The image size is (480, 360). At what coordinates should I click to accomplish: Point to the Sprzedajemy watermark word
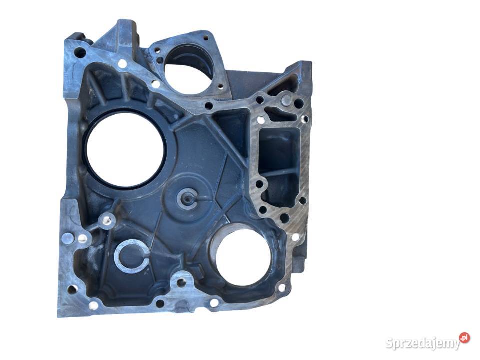click(423, 343)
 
